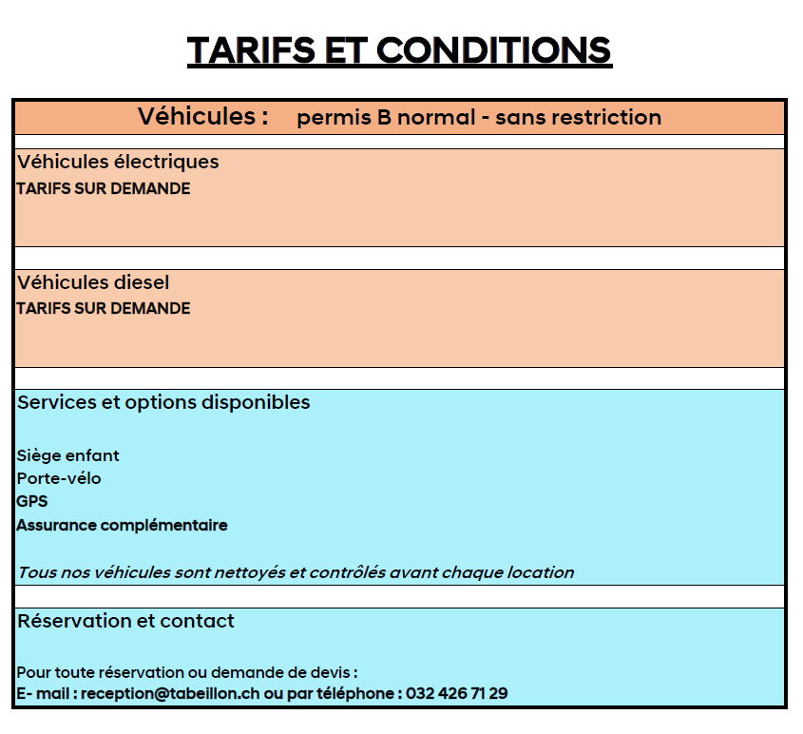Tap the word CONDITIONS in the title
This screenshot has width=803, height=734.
click(494, 49)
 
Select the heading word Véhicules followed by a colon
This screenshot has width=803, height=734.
click(202, 117)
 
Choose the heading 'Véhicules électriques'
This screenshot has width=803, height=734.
click(118, 162)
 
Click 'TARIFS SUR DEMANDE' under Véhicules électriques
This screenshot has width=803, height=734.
click(104, 188)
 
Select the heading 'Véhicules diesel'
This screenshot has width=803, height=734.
click(93, 282)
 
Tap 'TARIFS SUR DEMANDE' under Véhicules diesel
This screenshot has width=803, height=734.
click(104, 308)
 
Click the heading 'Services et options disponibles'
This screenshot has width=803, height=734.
click(163, 402)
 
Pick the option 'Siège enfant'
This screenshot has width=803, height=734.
click(67, 455)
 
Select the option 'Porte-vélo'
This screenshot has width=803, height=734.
click(59, 478)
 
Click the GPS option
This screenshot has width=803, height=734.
click(32, 501)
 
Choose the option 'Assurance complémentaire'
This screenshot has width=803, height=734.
click(122, 525)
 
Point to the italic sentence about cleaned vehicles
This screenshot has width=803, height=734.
click(296, 572)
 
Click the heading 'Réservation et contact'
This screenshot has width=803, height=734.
click(125, 621)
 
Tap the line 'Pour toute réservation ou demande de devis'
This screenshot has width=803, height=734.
click(186, 673)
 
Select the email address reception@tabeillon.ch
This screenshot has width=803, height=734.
click(170, 694)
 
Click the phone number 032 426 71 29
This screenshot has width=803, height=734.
click(456, 694)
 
